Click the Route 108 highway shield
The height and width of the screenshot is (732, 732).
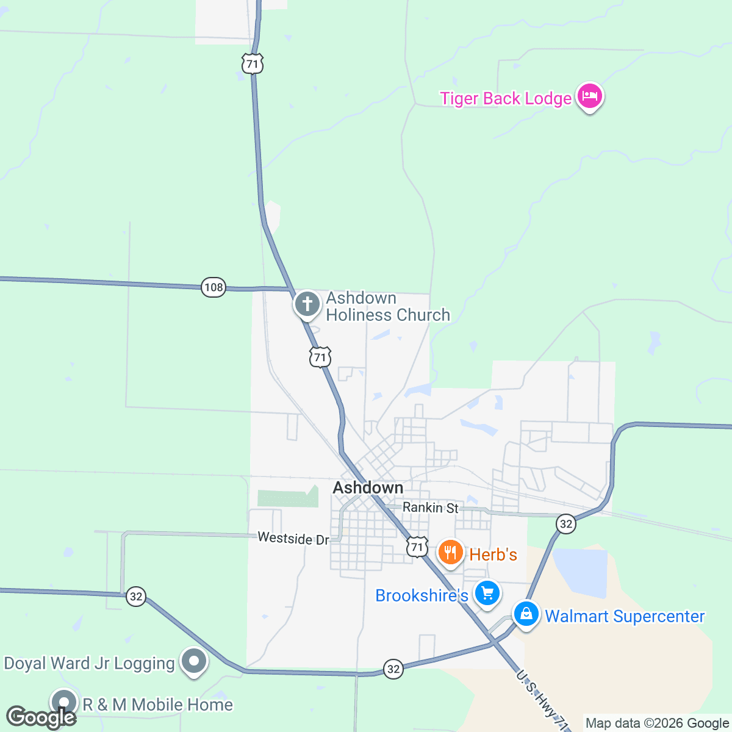click(213, 287)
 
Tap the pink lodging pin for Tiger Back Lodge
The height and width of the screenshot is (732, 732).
click(589, 96)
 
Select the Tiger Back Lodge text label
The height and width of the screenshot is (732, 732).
click(506, 98)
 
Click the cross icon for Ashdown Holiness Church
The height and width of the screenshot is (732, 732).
click(307, 304)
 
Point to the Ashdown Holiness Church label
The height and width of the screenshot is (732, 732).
click(388, 307)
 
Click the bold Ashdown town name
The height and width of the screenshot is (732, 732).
click(368, 488)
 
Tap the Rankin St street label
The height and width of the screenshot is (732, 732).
click(431, 508)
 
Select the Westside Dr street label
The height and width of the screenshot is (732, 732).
click(293, 538)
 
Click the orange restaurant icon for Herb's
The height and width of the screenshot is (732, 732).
click(450, 553)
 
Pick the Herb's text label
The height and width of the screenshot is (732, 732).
click(493, 554)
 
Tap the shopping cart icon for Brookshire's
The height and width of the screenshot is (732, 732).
click(487, 593)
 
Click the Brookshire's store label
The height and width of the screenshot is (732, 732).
click(422, 595)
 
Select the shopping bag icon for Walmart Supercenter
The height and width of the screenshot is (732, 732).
click(526, 614)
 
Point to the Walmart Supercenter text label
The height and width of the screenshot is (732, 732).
click(625, 616)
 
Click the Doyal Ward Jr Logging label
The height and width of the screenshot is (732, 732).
click(90, 663)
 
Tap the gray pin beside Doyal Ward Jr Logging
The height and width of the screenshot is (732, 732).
click(195, 661)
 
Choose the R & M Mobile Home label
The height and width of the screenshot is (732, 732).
click(157, 705)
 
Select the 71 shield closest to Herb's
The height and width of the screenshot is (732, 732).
click(417, 547)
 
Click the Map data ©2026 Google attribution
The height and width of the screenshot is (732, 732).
click(657, 723)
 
